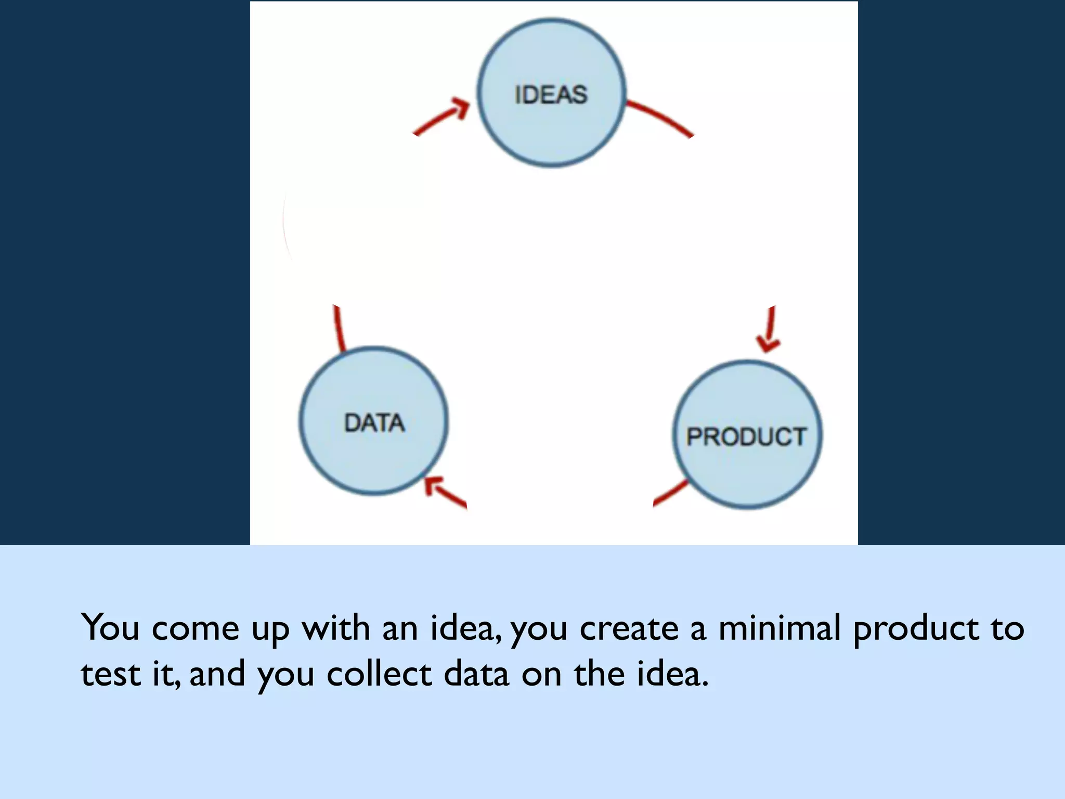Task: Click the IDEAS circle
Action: coord(551,94)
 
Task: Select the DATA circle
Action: coord(374,421)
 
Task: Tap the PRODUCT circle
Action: coord(747,435)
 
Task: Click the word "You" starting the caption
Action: coord(110,628)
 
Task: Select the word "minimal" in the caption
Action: coord(780,628)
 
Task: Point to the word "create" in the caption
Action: coord(629,628)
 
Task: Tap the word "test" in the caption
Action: coord(111,674)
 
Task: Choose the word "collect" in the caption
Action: coord(379,674)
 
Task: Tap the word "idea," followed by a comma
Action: coord(466,628)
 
